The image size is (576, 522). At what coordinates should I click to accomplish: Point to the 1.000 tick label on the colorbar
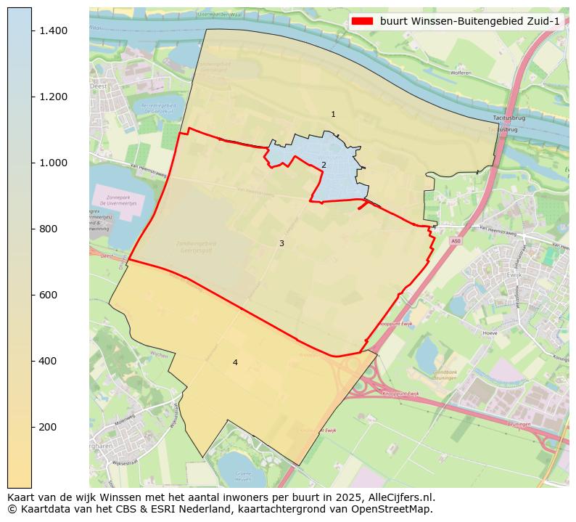(x=53, y=163)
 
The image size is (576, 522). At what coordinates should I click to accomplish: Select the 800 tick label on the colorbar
(x=49, y=229)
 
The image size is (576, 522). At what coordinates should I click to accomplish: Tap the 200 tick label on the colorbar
(x=49, y=427)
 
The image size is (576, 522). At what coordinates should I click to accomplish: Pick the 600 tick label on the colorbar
(x=49, y=295)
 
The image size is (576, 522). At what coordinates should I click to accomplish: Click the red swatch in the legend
(x=362, y=21)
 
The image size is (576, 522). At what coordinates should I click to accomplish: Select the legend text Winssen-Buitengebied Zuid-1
(x=469, y=21)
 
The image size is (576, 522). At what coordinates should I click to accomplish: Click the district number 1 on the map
(x=333, y=115)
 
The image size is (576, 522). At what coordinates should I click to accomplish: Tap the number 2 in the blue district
(x=324, y=165)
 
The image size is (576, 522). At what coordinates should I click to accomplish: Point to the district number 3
(x=281, y=244)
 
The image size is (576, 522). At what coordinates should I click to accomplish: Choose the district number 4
(x=235, y=363)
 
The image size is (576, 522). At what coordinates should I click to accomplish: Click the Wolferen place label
(x=461, y=73)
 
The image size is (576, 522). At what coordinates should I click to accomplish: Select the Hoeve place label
(x=490, y=333)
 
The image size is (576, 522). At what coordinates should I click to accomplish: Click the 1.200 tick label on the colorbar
(x=53, y=97)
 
